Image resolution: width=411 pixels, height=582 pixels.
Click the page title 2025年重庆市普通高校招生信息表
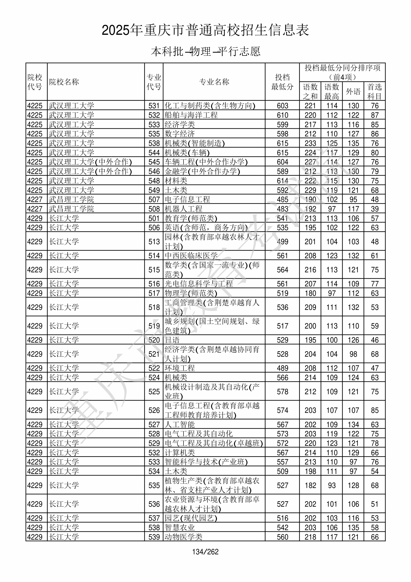click(205, 30)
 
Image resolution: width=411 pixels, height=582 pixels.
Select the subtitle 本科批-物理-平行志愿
click(205, 51)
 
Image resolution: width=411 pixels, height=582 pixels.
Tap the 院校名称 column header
click(64, 82)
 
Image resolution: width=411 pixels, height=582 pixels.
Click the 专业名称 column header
click(214, 82)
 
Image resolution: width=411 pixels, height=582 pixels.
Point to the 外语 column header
click(353, 91)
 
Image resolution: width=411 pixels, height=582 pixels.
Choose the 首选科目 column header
click(375, 91)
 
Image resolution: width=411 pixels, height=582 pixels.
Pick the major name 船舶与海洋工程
click(191, 115)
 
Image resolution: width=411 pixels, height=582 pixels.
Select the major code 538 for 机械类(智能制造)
click(154, 143)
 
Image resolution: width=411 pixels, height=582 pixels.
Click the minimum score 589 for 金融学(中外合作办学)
click(282, 171)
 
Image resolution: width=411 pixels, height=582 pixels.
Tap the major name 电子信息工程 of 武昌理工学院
click(187, 200)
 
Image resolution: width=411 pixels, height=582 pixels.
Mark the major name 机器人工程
click(184, 209)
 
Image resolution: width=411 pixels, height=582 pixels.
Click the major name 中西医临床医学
click(191, 256)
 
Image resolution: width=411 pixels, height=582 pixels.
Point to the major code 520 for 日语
click(154, 340)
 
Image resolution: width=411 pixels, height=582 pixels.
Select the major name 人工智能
click(180, 424)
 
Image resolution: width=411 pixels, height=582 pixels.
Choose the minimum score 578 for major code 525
click(282, 391)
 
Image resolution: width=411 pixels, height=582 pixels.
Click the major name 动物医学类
click(184, 537)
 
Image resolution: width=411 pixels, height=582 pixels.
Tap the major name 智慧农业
click(180, 527)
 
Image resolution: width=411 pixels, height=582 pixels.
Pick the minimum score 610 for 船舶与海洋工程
click(282, 115)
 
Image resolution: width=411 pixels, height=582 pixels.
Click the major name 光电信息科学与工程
click(199, 284)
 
